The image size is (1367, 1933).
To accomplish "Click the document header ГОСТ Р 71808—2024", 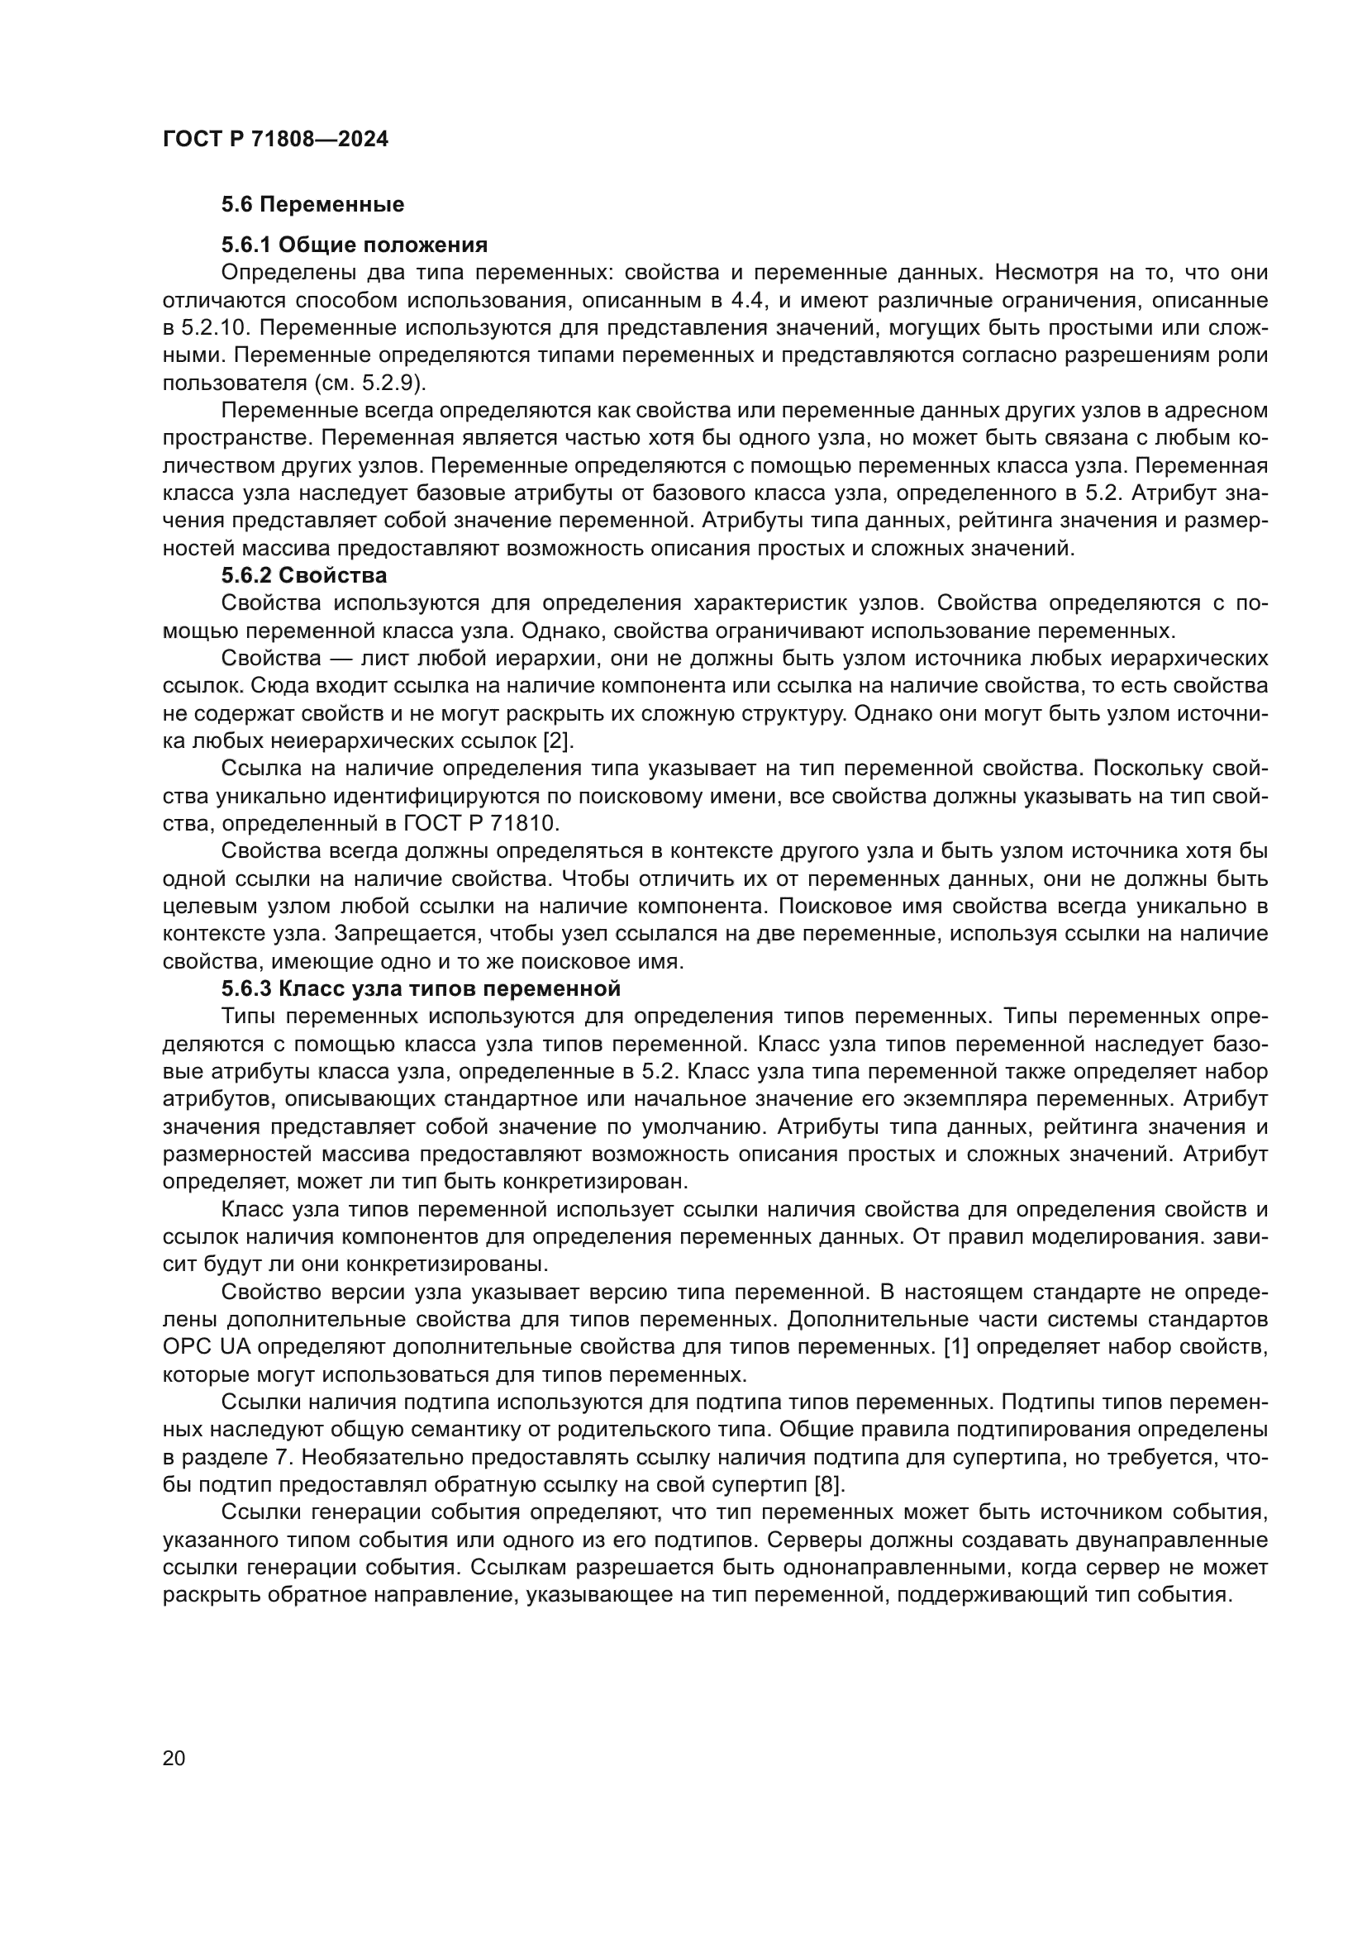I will [x=275, y=140].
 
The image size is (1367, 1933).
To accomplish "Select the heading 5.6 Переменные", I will [x=312, y=205].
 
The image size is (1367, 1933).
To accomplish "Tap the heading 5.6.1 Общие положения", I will [x=355, y=245].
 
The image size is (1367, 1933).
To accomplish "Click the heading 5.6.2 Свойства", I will [x=304, y=576].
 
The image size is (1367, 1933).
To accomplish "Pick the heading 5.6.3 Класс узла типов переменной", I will [x=421, y=988].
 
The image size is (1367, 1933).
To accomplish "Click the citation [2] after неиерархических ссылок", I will [x=558, y=741].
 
